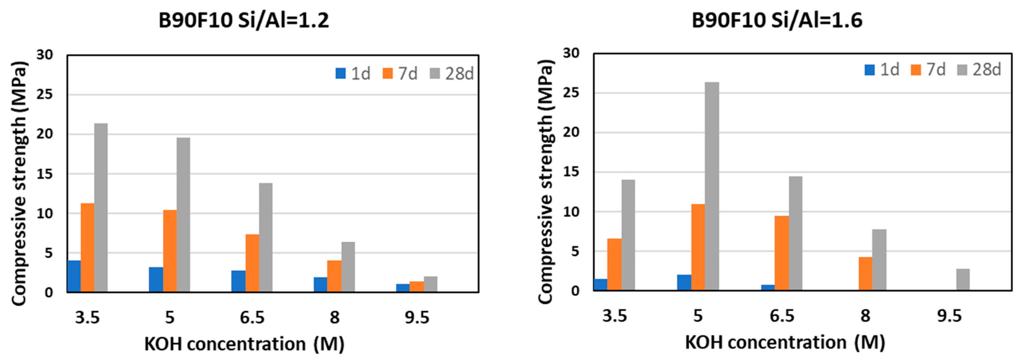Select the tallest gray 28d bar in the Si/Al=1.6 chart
712,186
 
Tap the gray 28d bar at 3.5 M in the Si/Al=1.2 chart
101,208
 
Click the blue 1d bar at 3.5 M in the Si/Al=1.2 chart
74,276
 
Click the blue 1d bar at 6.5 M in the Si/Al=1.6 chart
768,287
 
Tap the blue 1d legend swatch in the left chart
341,73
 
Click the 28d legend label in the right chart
987,70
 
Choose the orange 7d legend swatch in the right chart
916,70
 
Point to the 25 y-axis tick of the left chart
44,95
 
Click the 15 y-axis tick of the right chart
571,172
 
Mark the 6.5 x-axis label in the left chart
252,318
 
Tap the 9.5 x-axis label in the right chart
949,316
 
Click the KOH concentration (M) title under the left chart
244,344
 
